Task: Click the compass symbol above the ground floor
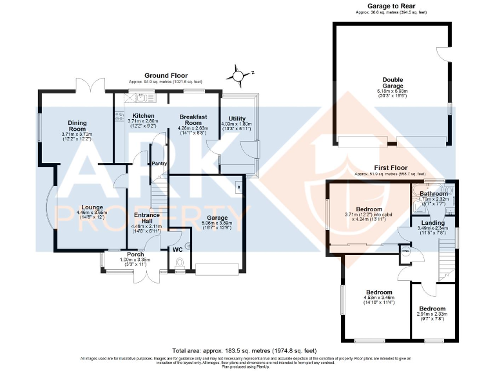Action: pos(239,76)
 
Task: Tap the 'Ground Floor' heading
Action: pos(165,75)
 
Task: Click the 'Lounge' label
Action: pos(85,207)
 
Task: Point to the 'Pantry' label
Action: pos(159,164)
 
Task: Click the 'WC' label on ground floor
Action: pos(177,249)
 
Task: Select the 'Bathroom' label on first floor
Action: pos(433,193)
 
